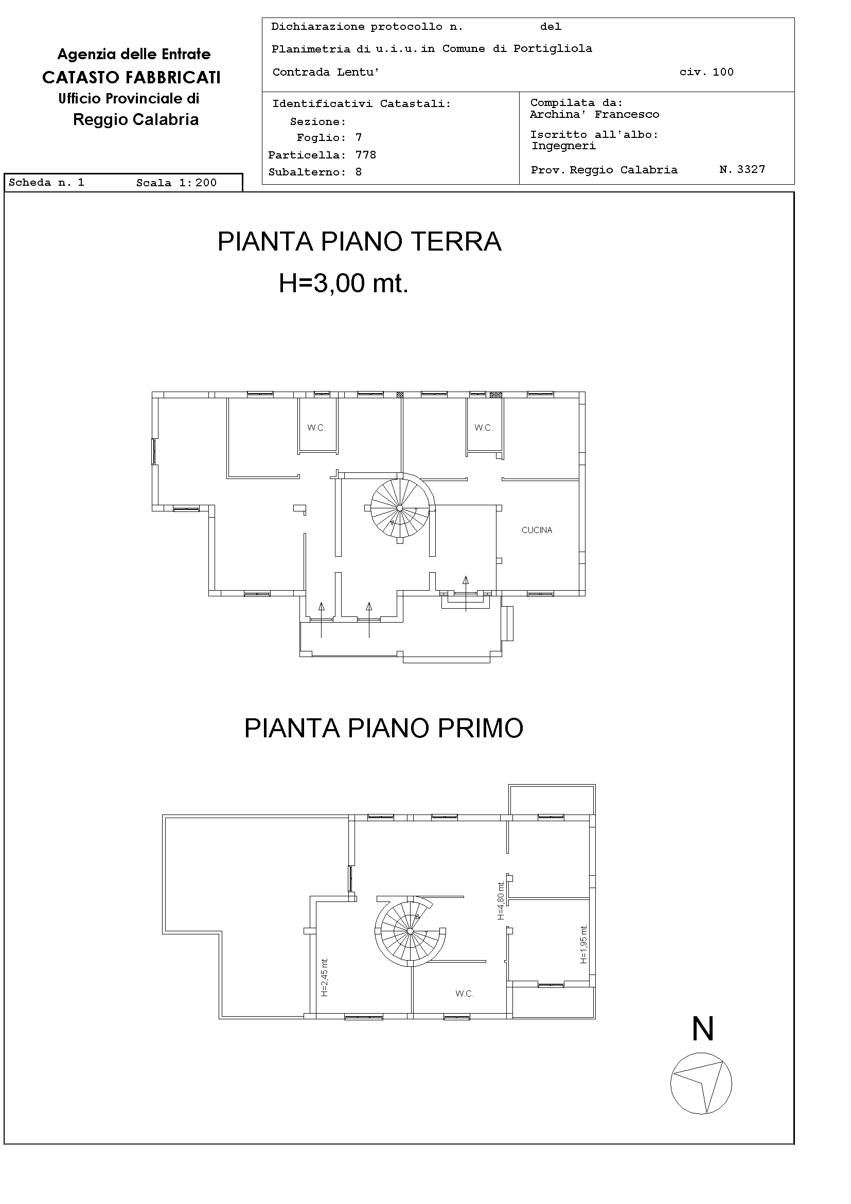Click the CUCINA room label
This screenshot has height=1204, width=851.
[537, 530]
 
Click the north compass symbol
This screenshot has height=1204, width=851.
[701, 1083]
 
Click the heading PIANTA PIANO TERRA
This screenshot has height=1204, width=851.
[359, 241]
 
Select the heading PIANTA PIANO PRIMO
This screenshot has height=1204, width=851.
[383, 728]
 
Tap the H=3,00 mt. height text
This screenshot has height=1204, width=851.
[344, 283]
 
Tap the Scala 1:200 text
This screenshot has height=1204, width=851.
[176, 183]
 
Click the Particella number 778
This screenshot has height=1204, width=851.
[365, 155]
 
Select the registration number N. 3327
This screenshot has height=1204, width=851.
[742, 169]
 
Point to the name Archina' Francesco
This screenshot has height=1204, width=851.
[594, 114]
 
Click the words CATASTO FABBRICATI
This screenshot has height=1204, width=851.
[131, 77]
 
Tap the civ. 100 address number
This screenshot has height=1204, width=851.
[706, 72]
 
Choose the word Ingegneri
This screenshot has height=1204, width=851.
[563, 146]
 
